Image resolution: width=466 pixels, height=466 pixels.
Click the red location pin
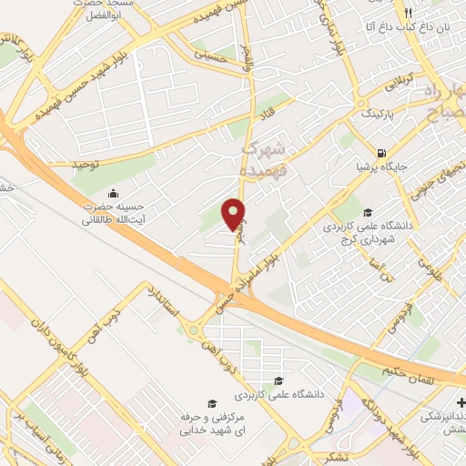tap(234, 213)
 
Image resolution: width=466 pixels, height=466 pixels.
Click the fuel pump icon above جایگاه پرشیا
tap(380, 153)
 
